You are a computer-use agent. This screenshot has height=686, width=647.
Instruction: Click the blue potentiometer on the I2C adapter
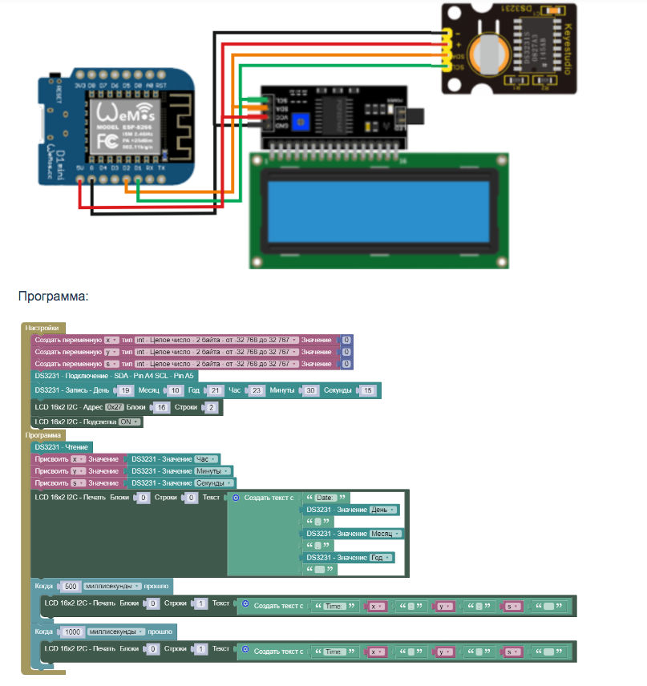pos(301,121)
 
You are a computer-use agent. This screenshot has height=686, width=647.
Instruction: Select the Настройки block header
pos(42,328)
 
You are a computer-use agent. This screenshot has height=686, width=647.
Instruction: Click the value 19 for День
pos(125,390)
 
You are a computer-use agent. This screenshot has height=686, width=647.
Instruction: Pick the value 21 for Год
pos(214,390)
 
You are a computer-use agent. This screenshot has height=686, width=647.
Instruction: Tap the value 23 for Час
pos(257,390)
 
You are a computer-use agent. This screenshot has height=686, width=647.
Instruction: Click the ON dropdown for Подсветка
pos(129,422)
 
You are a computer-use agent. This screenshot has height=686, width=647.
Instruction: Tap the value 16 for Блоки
pos(160,407)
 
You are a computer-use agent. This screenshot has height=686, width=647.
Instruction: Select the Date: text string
pos(328,498)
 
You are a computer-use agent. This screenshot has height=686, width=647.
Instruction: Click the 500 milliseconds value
pos(70,586)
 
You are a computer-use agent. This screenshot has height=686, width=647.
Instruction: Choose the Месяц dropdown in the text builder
pos(386,534)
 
